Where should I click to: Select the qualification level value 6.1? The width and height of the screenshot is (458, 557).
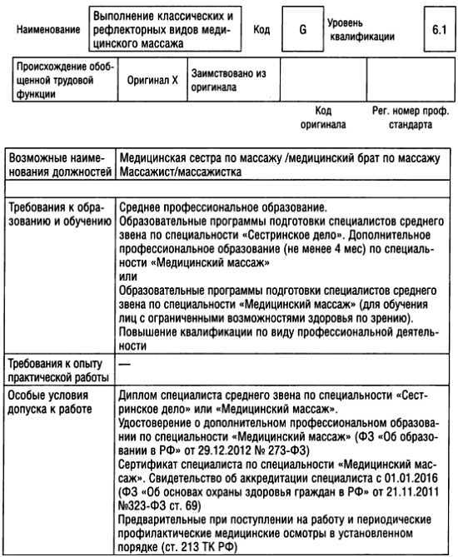coord(438,29)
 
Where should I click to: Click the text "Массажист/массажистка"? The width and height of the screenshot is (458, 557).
coord(181,172)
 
